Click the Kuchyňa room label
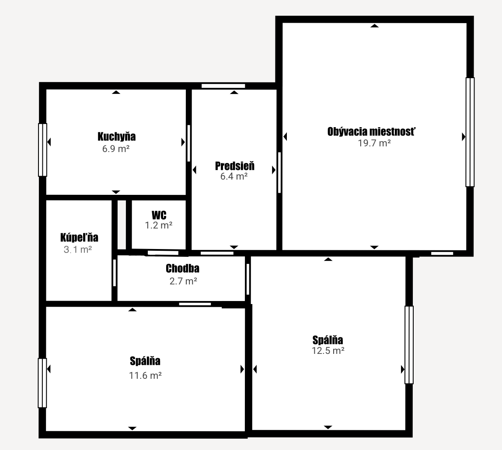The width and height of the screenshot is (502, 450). [116, 137]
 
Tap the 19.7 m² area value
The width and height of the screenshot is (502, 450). [374, 143]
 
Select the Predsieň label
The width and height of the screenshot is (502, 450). [235, 166]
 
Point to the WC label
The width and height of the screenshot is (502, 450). [159, 215]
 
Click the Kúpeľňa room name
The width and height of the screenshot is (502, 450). [79, 237]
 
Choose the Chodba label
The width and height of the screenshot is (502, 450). [182, 268]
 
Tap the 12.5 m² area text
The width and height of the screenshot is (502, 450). [328, 350]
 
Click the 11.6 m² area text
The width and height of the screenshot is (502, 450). [145, 375]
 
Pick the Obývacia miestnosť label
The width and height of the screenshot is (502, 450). [371, 132]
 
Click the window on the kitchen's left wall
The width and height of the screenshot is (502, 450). [42, 150]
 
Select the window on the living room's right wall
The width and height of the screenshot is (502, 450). [470, 132]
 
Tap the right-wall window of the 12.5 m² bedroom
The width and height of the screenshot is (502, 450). [409, 345]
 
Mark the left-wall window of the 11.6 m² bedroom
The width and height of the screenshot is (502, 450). [42, 383]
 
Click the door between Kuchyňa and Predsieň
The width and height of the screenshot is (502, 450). [188, 143]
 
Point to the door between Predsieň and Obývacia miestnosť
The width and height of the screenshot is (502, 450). [279, 173]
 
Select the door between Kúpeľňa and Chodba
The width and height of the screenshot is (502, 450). [114, 273]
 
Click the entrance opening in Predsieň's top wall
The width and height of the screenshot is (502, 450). [223, 86]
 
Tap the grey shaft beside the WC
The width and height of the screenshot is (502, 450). [122, 225]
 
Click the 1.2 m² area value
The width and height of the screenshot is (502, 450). [159, 225]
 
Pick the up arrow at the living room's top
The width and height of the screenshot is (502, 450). [374, 26]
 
